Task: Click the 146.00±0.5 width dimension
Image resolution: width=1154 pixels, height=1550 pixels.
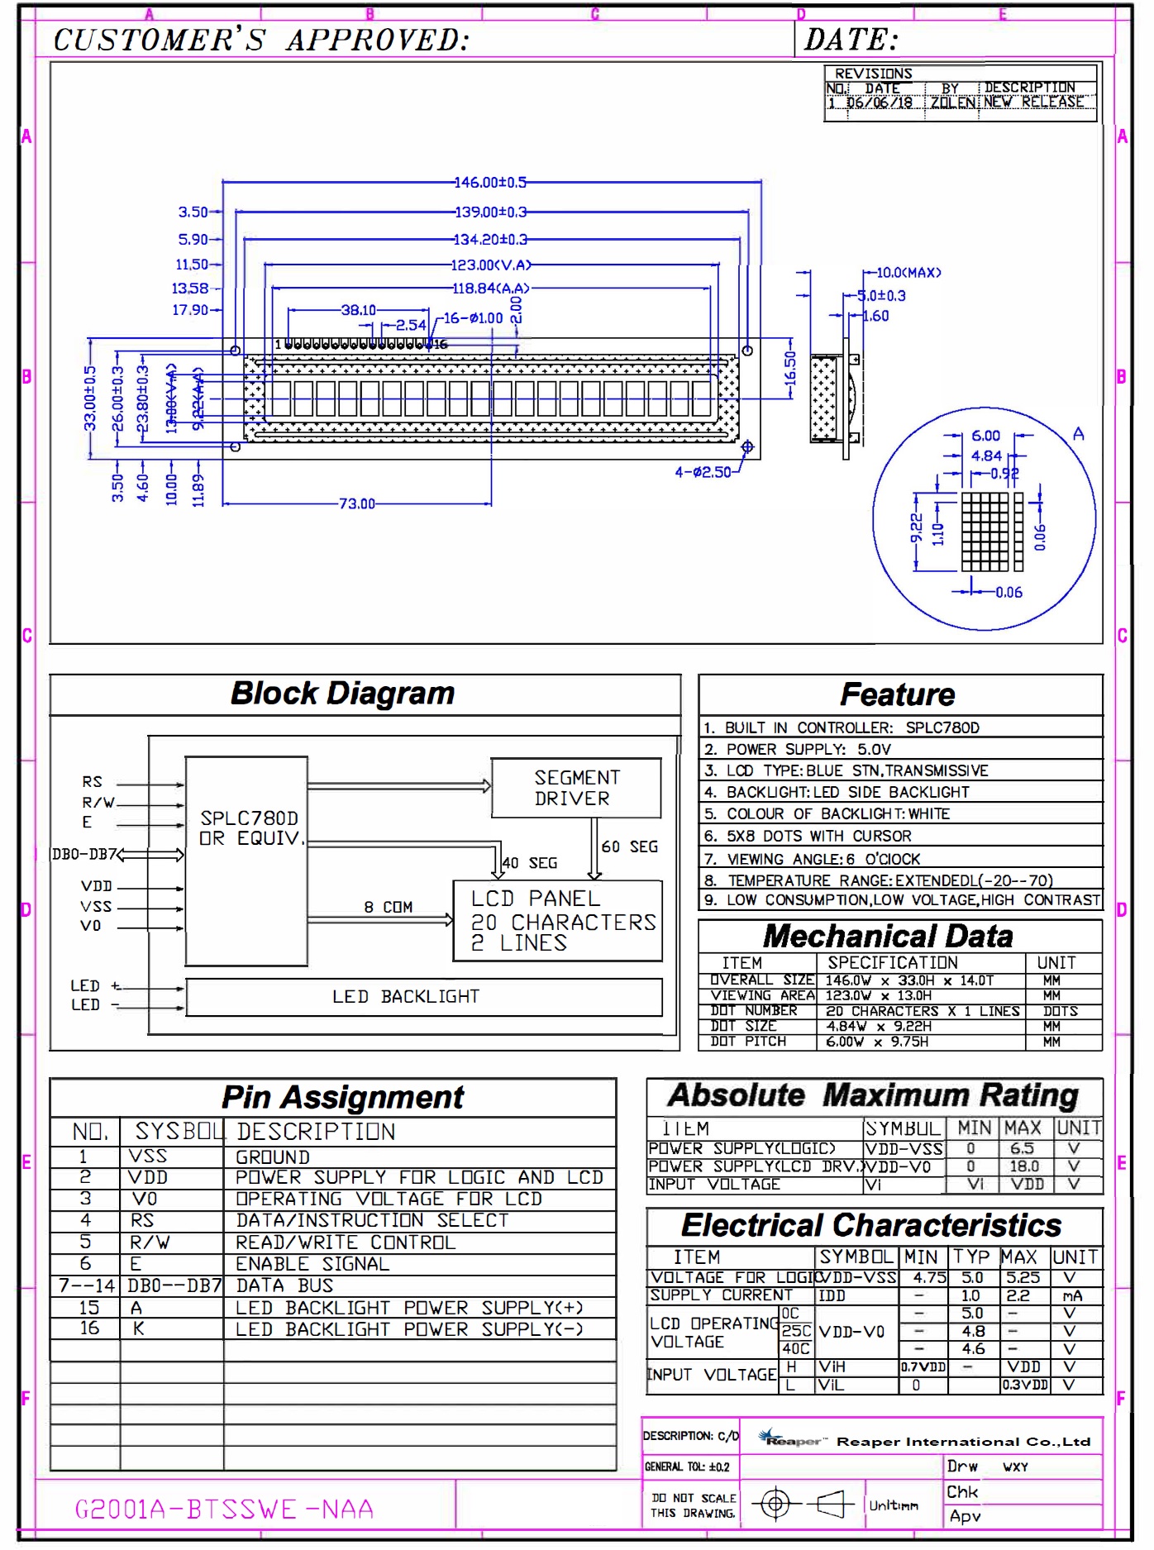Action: click(489, 182)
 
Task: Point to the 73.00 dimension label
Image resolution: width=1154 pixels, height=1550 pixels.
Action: click(356, 503)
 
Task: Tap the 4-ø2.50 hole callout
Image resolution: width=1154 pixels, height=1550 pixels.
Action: click(703, 472)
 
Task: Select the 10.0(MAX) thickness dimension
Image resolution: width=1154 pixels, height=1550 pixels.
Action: click(908, 272)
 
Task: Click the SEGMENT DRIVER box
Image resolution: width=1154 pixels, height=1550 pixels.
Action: click(576, 788)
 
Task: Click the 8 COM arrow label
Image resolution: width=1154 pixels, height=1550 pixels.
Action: click(388, 907)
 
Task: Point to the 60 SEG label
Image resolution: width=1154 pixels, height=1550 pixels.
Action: click(630, 847)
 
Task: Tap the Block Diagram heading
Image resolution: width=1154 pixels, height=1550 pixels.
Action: click(342, 694)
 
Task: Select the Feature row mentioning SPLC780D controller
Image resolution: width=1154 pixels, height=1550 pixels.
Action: click(851, 727)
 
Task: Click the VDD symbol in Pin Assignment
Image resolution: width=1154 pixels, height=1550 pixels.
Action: click(148, 1177)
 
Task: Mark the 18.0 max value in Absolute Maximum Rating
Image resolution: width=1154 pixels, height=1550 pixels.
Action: click(1023, 1166)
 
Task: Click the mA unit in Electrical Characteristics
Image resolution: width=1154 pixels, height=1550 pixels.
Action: click(1072, 1296)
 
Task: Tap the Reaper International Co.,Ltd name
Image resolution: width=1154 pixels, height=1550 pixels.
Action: click(963, 1442)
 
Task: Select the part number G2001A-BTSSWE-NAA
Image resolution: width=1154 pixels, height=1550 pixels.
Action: click(224, 1509)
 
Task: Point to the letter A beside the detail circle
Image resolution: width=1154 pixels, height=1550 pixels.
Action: click(1078, 434)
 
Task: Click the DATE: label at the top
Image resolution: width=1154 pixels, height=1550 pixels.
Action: click(851, 40)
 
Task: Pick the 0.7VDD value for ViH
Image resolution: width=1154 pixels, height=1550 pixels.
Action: click(923, 1367)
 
